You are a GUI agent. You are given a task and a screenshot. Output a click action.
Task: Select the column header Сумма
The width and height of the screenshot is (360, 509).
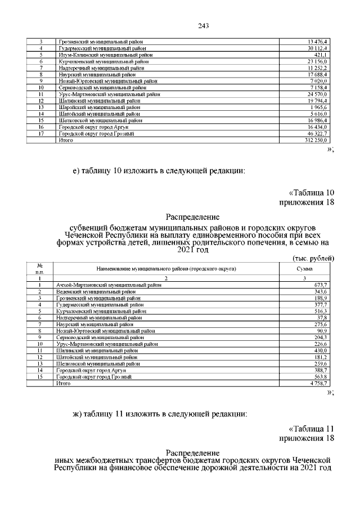click(x=304, y=269)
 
